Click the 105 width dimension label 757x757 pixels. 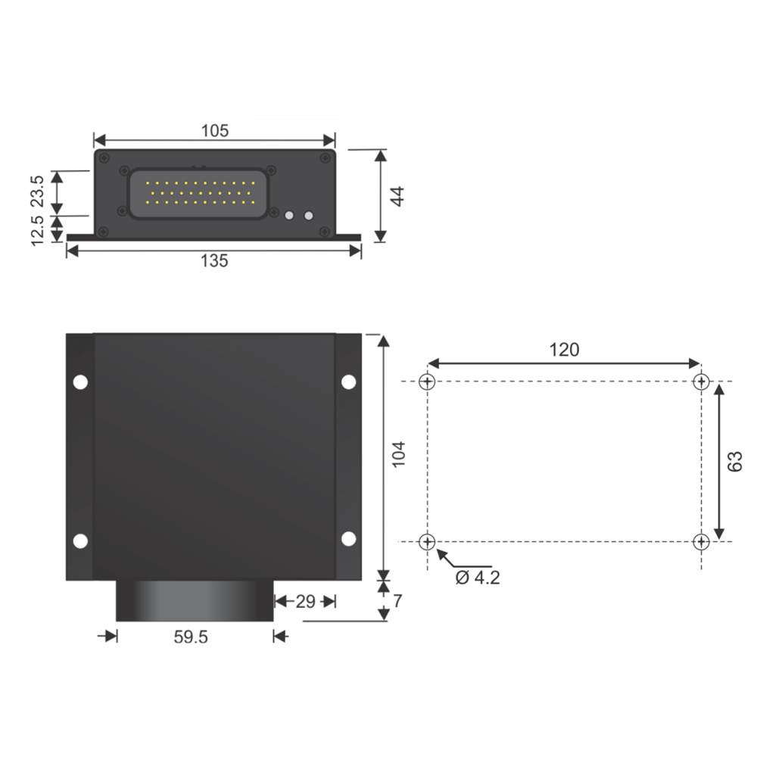tap(215, 131)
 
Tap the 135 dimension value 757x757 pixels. tap(214, 261)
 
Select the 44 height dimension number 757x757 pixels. tap(397, 196)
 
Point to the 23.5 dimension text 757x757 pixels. tap(36, 192)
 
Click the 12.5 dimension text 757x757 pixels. tap(36, 231)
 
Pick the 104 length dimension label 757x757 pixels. tap(398, 454)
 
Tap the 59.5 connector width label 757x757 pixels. tap(191, 637)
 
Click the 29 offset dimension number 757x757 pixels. tap(306, 602)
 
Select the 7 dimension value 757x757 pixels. tap(397, 601)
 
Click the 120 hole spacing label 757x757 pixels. tap(564, 350)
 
